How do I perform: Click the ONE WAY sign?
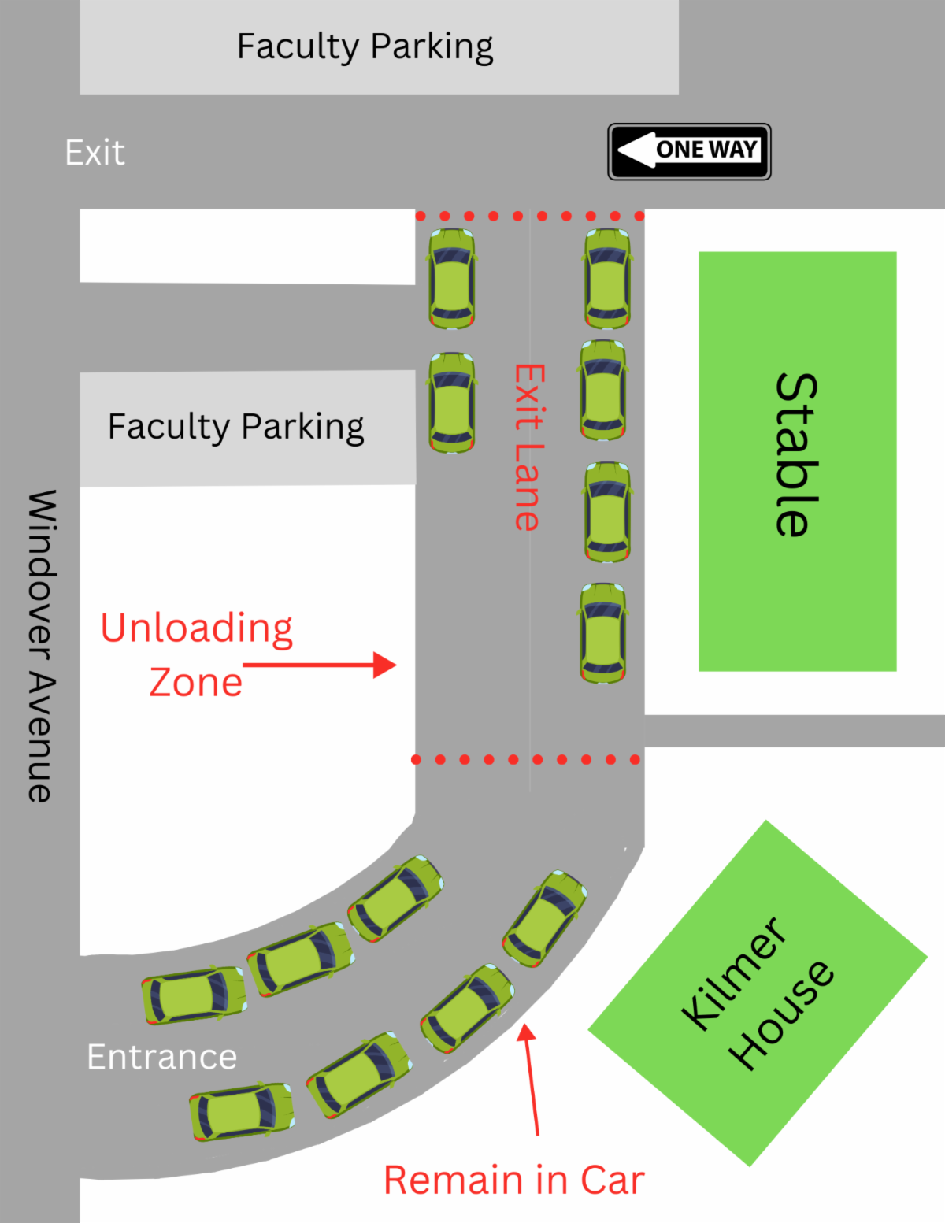pos(689,151)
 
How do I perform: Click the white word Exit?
pos(94,153)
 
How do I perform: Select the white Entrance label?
pos(162,1057)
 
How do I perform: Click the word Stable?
pos(796,454)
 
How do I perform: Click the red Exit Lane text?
pos(529,447)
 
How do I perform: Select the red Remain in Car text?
pos(514,1180)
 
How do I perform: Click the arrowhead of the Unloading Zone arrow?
pos(386,665)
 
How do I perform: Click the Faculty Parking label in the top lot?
pos(365,46)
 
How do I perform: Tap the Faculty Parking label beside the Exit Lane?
pos(235,427)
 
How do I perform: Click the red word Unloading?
pos(196,628)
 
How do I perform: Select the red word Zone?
pos(196,682)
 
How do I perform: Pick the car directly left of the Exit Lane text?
pos(452,402)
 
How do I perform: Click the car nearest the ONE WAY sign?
pos(607,279)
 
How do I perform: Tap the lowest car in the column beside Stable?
pos(603,633)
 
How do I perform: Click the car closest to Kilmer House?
pos(545,918)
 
